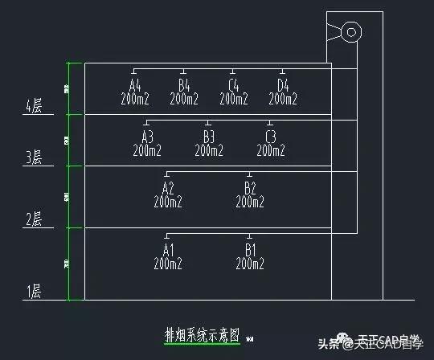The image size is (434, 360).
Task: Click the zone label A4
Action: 134,85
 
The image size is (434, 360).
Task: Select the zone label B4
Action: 184,85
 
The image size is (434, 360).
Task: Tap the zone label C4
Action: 233,85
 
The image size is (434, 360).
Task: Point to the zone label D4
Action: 283,85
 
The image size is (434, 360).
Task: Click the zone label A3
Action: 147,136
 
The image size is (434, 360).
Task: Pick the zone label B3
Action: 209,136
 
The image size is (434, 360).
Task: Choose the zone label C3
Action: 271,136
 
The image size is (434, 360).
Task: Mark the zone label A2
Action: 168,187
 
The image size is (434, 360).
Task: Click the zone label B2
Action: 250,187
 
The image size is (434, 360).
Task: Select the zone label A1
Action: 168,249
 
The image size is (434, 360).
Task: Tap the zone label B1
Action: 250,249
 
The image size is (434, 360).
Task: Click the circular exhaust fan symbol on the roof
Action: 350,33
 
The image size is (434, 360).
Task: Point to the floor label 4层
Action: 34,106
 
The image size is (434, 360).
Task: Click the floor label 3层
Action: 34,158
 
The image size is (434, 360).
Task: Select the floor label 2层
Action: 34,219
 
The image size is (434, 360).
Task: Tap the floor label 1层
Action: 34,292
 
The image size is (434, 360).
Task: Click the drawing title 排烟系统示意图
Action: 202,335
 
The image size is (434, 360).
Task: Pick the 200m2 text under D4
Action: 283,100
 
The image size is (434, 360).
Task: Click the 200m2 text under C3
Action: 271,150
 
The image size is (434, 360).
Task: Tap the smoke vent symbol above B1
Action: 250,235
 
